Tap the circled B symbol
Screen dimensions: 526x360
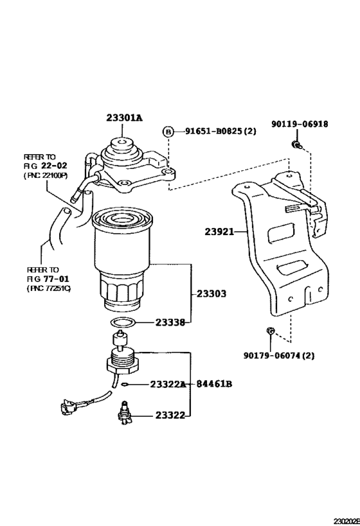coord(168,132)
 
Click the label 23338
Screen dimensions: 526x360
coord(170,323)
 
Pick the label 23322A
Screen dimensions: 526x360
coord(167,384)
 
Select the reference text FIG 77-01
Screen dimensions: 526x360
coord(48,280)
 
